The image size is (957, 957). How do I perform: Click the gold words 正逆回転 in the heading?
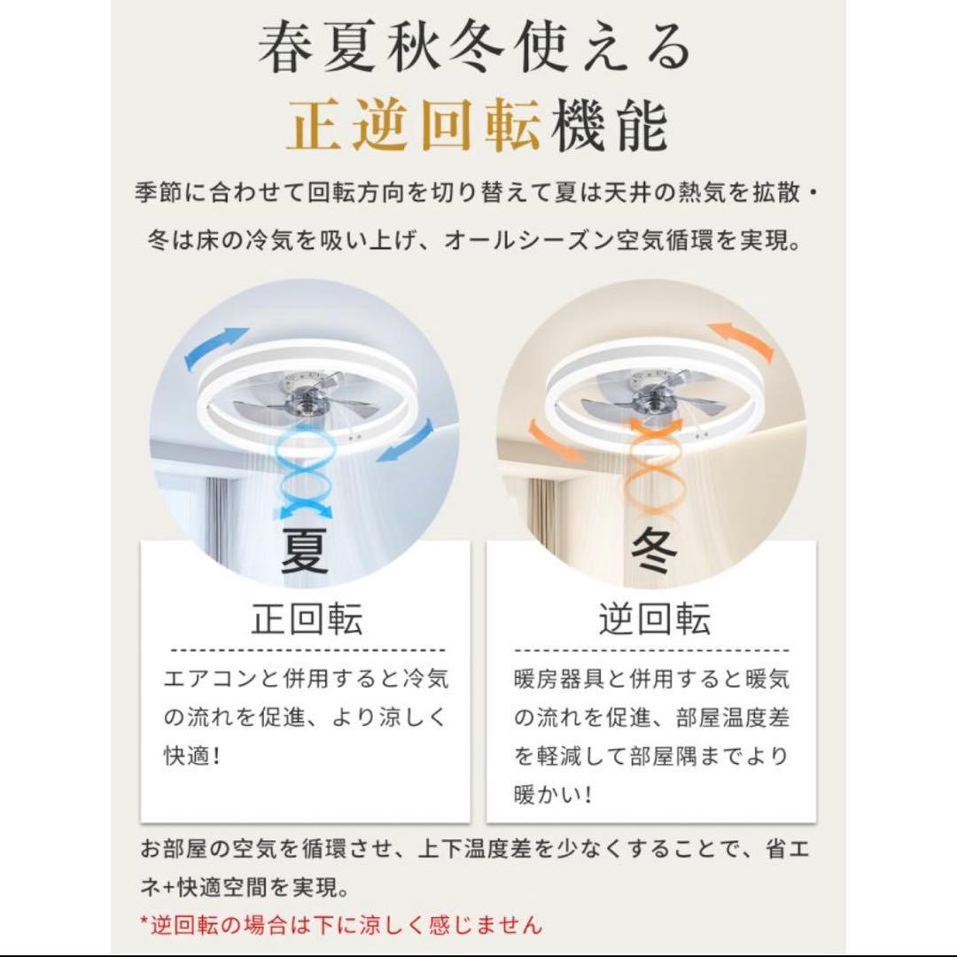[x=414, y=126]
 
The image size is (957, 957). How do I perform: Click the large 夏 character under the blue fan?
[x=304, y=550]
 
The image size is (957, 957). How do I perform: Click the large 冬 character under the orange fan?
[x=654, y=550]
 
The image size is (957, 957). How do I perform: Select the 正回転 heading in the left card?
[x=307, y=619]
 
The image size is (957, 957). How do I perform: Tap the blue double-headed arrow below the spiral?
[x=305, y=510]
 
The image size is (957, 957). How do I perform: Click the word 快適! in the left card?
[x=191, y=756]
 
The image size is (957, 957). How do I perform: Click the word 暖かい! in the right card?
[x=553, y=795]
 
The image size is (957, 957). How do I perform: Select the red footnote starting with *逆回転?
[x=340, y=925]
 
